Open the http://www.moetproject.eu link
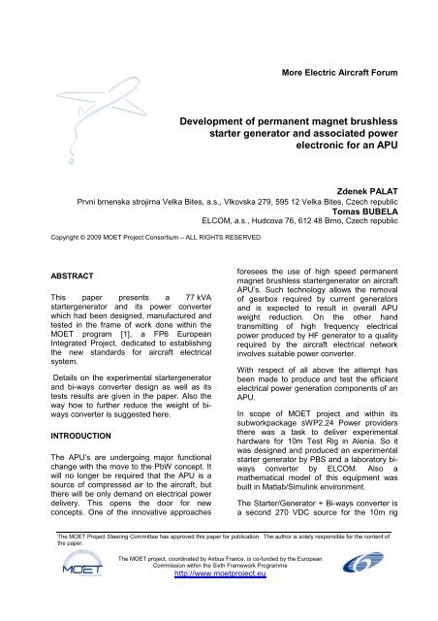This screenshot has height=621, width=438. pyautogui.click(x=220, y=612)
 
